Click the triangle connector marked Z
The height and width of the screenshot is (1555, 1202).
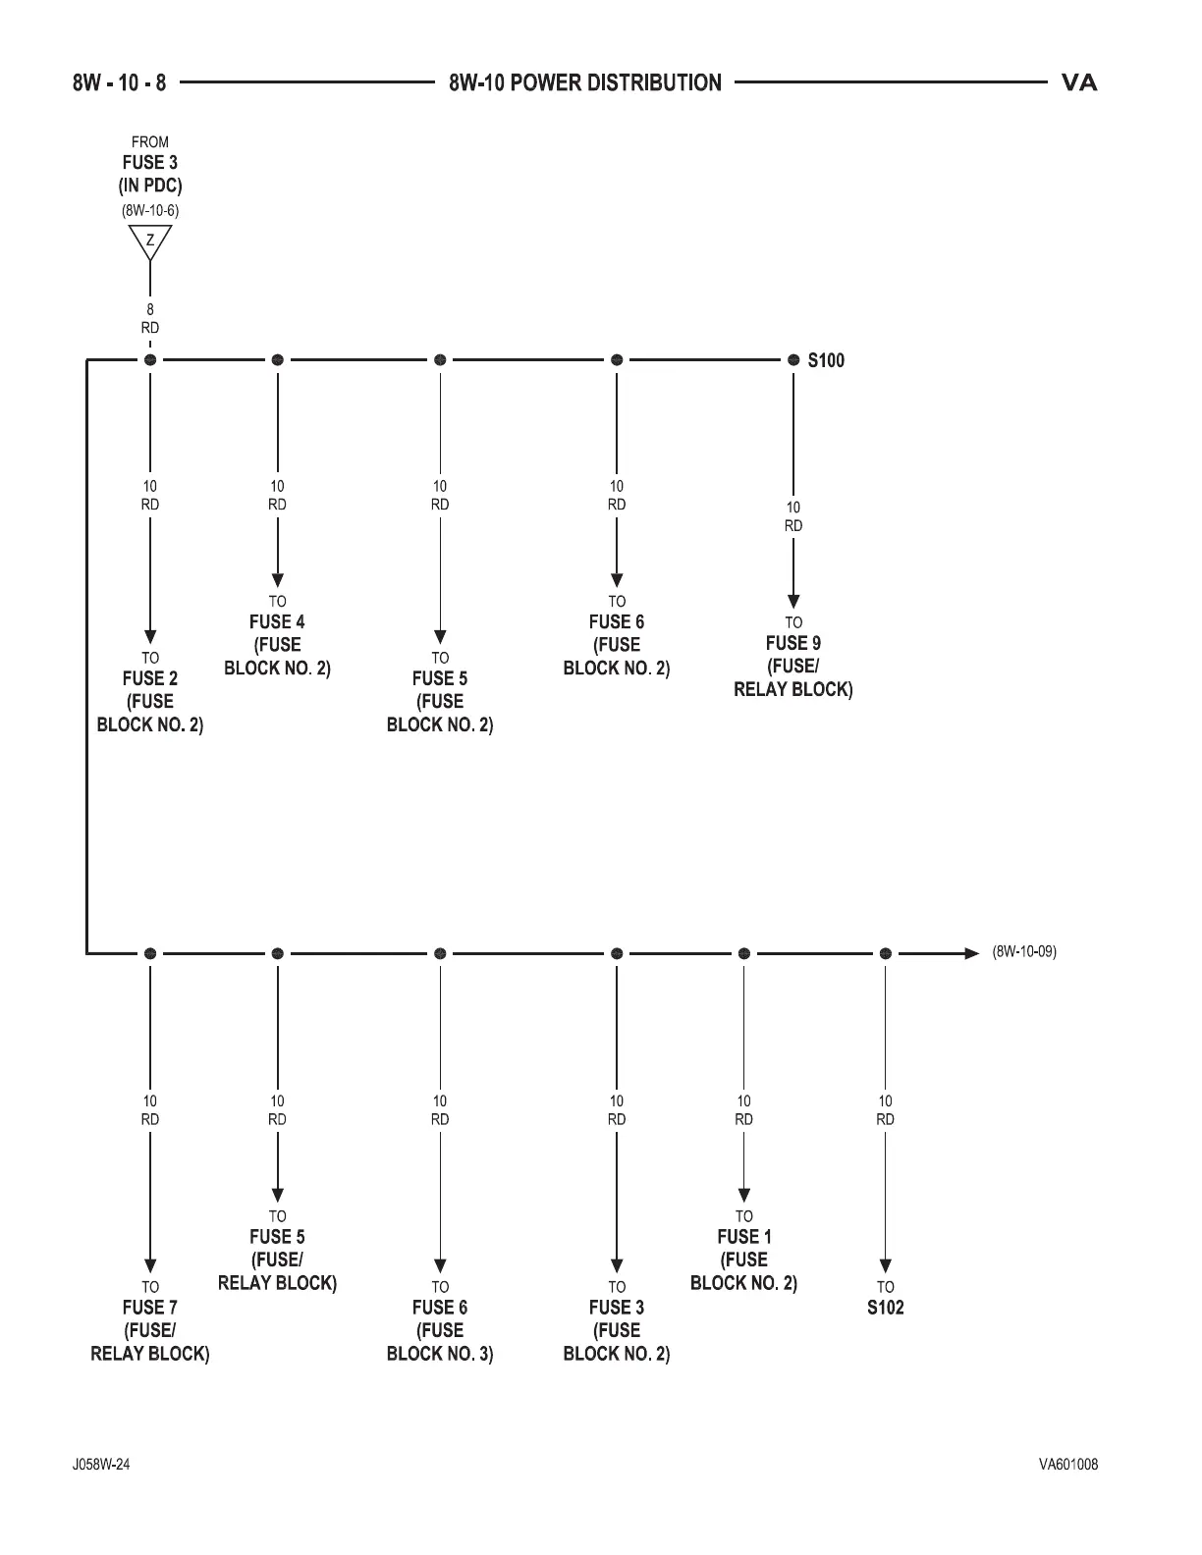click(x=150, y=241)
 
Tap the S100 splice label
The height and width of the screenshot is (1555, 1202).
click(x=825, y=360)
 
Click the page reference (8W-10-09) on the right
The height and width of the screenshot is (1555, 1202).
click(x=1024, y=951)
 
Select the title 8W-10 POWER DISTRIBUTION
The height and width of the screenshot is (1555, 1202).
click(x=585, y=83)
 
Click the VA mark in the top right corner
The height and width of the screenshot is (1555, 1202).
click(x=1079, y=83)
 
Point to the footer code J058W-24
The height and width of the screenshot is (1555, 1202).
click(x=101, y=1465)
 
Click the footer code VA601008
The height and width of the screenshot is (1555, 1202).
click(x=1068, y=1465)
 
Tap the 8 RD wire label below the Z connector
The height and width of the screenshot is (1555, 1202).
click(x=150, y=319)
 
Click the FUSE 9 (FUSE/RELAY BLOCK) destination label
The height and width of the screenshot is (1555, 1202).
click(x=793, y=666)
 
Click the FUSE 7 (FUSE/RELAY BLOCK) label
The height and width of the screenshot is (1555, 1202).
click(x=150, y=1330)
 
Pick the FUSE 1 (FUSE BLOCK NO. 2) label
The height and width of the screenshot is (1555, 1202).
click(x=743, y=1260)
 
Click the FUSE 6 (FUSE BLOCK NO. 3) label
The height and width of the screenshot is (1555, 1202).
click(x=440, y=1330)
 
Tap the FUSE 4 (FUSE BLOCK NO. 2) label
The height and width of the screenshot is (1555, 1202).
click(x=278, y=644)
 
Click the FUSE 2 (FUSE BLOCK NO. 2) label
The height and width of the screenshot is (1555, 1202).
click(x=150, y=701)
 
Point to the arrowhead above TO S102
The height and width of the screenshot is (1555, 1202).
click(x=885, y=1266)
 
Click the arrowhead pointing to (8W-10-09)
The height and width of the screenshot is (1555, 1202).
click(x=972, y=953)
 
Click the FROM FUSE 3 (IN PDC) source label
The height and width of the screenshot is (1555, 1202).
click(x=150, y=164)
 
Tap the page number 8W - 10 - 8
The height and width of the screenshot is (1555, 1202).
click(x=119, y=83)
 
